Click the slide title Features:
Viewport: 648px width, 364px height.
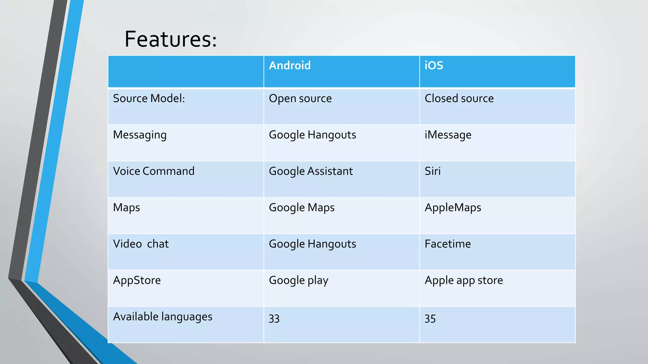point(171,39)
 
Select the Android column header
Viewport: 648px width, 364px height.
point(290,66)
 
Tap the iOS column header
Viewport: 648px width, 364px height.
point(433,66)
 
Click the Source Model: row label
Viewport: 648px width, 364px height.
point(149,99)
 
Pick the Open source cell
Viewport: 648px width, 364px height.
point(300,99)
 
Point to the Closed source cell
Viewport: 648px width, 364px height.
point(459,99)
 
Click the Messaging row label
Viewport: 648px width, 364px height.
point(140,135)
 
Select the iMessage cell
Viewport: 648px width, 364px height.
point(448,135)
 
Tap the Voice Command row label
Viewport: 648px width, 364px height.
point(153,171)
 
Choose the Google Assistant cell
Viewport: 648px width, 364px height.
point(310,171)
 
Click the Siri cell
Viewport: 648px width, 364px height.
point(432,171)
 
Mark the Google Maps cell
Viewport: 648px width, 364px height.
point(301,208)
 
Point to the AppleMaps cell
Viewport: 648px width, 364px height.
point(452,208)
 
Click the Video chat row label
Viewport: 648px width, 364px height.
point(141,244)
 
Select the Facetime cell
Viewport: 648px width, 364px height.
point(447,244)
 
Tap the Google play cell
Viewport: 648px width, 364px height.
point(298,280)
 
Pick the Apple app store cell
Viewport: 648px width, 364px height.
point(464,280)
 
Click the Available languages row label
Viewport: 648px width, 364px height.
point(163,317)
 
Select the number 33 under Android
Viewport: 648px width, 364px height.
point(274,318)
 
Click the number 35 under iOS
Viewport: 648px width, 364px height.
point(430,318)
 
